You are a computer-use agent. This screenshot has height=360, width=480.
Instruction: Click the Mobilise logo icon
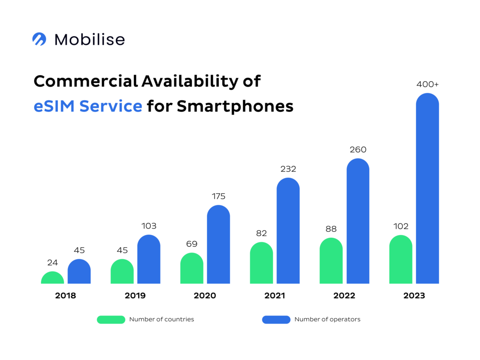tap(39, 39)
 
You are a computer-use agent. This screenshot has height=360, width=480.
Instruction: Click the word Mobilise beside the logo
tap(89, 40)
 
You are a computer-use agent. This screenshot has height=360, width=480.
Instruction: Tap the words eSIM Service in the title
tap(88, 106)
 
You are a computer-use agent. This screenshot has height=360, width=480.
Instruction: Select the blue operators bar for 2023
tap(427, 191)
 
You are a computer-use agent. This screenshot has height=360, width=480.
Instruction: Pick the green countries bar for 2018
tap(52, 278)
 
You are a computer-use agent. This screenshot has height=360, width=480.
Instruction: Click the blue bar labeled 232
tap(288, 231)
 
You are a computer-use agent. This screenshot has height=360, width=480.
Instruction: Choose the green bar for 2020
tap(192, 269)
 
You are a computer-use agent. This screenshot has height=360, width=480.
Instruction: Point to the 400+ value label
tap(427, 84)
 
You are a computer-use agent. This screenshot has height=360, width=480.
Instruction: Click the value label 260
tap(358, 150)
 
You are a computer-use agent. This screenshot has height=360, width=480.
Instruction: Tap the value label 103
tap(148, 226)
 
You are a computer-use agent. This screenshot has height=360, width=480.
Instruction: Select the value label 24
tap(52, 263)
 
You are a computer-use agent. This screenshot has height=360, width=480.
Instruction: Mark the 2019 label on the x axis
tap(135, 296)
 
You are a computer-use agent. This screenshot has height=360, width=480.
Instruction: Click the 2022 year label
tap(344, 296)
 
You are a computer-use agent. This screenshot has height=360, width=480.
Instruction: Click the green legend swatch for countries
tap(111, 319)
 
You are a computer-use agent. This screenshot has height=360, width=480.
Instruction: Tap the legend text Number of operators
tap(327, 319)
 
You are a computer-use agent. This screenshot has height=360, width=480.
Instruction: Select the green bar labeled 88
tap(331, 261)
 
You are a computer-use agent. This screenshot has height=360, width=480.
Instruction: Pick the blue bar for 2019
tap(148, 260)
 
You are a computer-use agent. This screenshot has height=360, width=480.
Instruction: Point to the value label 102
tap(400, 226)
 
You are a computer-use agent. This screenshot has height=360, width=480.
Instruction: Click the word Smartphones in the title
tap(235, 106)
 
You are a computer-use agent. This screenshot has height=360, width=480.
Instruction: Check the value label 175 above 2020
tap(218, 196)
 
